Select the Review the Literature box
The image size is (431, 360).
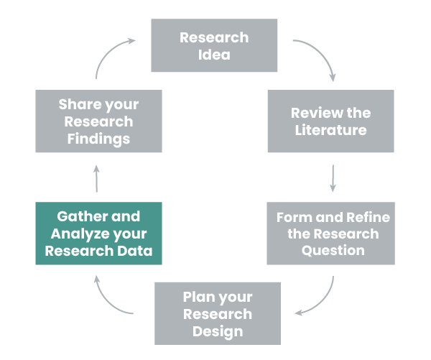pos(330,121)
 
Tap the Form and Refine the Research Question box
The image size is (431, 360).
pos(330,234)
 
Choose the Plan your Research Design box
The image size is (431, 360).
pos(217,313)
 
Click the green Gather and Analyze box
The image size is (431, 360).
pos(98,234)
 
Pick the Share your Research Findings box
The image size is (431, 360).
pos(98,121)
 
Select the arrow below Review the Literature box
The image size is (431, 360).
pos(333,177)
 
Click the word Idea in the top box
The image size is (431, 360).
pos(214,55)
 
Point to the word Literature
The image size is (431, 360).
pos(331,130)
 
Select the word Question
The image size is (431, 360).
pos(332,251)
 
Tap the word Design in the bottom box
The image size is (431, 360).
pos(217,331)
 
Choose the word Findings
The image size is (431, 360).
pos(98,138)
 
